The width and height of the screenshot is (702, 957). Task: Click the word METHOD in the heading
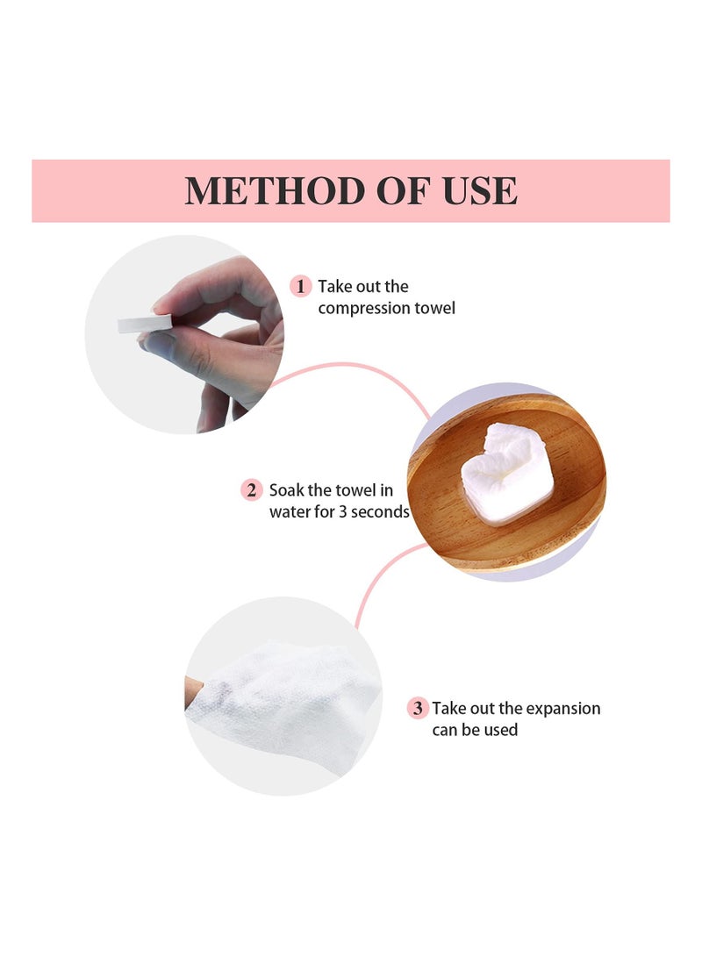point(263,191)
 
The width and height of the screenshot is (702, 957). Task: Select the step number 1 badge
point(301,286)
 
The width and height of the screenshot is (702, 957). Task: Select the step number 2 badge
point(252,489)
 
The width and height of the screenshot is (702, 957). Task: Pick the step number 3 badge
point(418,708)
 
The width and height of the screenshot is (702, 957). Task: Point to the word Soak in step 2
point(287,489)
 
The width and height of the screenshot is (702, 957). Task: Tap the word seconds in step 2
point(378,511)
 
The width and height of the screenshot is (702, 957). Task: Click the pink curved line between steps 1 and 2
point(351,366)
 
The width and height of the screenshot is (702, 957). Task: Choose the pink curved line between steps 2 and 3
point(373,579)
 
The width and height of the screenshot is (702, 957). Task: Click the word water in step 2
point(290,511)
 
